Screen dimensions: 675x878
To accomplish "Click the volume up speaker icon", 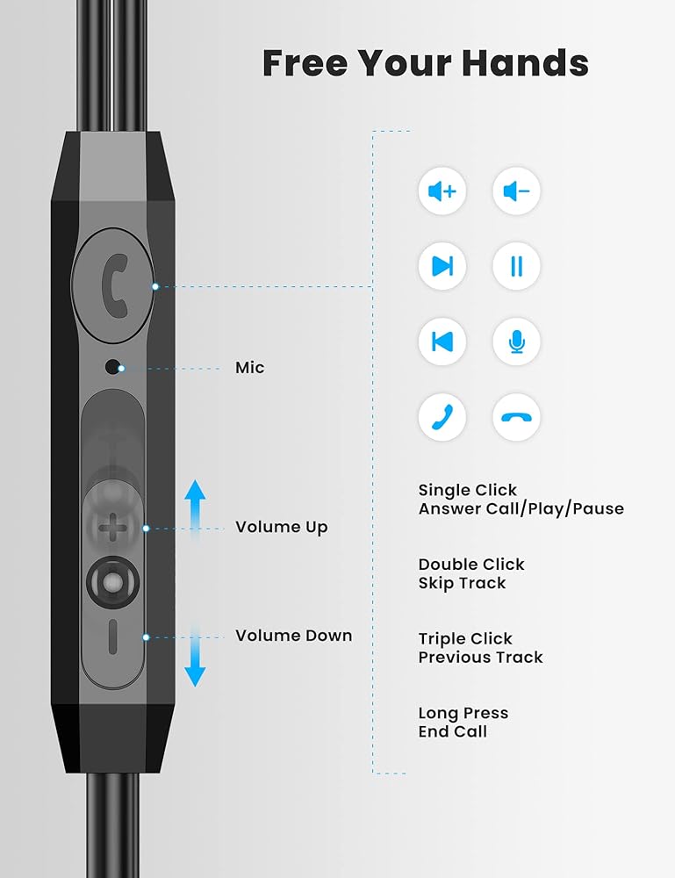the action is click(x=442, y=191).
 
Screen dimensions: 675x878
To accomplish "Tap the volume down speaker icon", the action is click(x=516, y=191).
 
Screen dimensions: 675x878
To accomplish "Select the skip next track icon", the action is click(x=442, y=265).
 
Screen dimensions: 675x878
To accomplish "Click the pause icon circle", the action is click(x=516, y=265).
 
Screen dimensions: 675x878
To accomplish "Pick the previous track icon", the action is click(x=442, y=341).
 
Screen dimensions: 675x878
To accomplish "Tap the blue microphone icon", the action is click(x=516, y=341).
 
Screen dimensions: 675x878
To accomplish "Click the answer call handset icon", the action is click(x=442, y=416).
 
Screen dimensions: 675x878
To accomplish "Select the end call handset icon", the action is click(x=516, y=416).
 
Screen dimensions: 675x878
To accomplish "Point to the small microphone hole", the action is click(x=112, y=367).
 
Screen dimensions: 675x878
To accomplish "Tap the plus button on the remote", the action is click(x=111, y=529).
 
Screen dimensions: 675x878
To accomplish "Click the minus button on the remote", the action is click(x=112, y=636).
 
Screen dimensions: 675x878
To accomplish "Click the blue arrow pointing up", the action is click(x=195, y=503).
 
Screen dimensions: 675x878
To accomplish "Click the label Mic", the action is click(x=249, y=367).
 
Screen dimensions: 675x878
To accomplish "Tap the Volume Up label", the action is click(x=281, y=527).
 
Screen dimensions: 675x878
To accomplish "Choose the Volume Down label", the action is click(x=293, y=636).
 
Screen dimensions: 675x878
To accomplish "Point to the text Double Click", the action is click(x=471, y=565).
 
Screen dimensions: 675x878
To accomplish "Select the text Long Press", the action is click(x=463, y=713).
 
